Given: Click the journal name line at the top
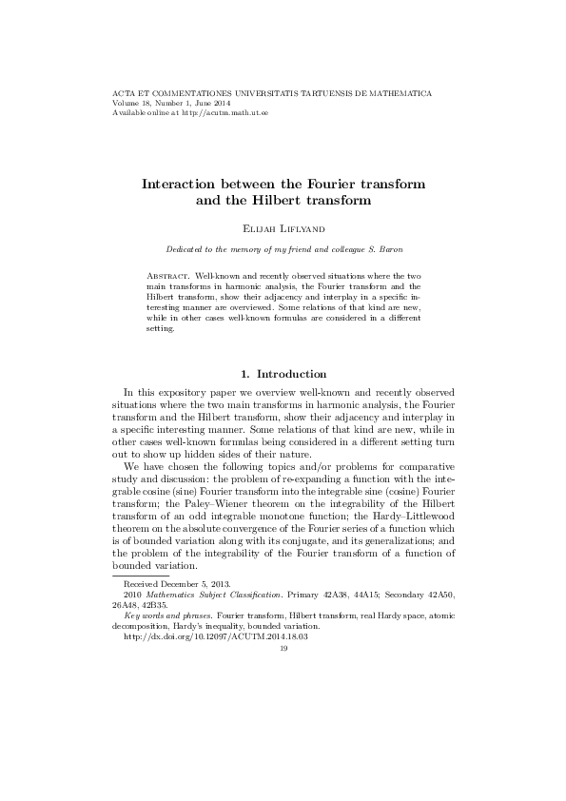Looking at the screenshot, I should (272, 94).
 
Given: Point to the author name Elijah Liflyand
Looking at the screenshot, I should (283, 229).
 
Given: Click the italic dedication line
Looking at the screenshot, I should (283, 250).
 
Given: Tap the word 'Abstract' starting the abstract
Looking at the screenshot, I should (168, 274).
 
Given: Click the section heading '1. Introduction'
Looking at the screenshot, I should (283, 374).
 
